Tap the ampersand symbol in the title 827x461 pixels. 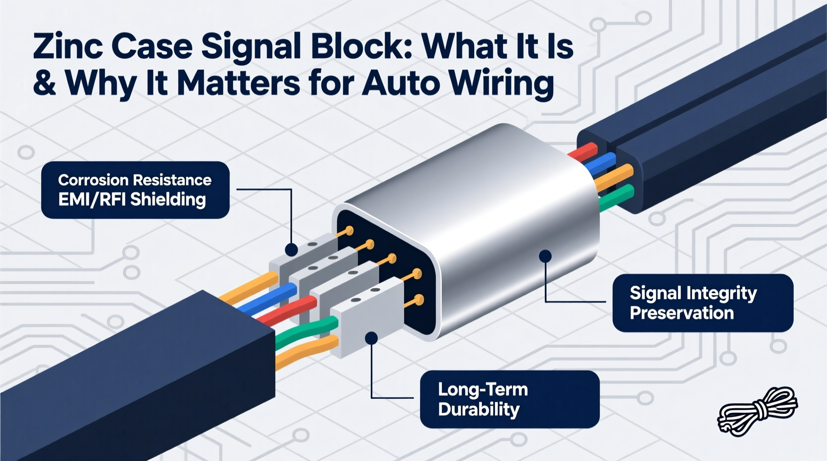pyautogui.click(x=44, y=83)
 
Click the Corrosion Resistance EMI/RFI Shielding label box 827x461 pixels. pyautogui.click(x=135, y=190)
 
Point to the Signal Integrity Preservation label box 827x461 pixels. pyautogui.click(x=702, y=303)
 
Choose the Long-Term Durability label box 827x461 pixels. pyautogui.click(x=509, y=399)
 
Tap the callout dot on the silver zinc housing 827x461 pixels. pyautogui.click(x=545, y=256)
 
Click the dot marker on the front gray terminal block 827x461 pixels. pyautogui.click(x=371, y=338)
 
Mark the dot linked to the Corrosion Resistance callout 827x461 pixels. pyautogui.click(x=291, y=249)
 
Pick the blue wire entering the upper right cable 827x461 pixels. pyautogui.click(x=601, y=165)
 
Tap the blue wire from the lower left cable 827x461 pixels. pyautogui.click(x=268, y=299)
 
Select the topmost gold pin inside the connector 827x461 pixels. pyautogui.click(x=349, y=230)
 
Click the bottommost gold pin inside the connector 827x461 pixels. pyautogui.click(x=418, y=300)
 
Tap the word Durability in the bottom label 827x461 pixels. pyautogui.click(x=479, y=409)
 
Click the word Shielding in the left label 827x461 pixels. pyautogui.click(x=167, y=200)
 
